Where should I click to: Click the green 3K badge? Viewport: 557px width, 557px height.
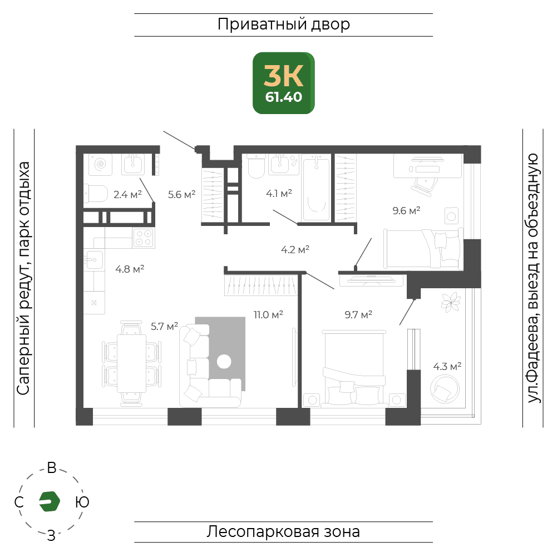[x=283, y=83]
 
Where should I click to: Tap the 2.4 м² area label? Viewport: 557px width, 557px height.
[x=127, y=194]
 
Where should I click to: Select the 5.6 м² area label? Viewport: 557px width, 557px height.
[x=181, y=194]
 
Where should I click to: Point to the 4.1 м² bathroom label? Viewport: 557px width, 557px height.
[x=279, y=193]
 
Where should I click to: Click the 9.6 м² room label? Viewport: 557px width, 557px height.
[x=406, y=210]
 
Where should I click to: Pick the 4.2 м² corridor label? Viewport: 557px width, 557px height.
[x=295, y=249]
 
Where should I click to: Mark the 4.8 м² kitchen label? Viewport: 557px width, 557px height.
[x=130, y=269]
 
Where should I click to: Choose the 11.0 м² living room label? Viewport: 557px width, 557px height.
[x=268, y=314]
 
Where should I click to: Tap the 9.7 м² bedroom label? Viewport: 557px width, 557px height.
[x=358, y=314]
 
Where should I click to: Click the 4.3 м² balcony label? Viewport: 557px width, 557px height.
[x=447, y=366]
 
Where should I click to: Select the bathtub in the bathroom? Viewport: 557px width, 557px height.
[x=316, y=188]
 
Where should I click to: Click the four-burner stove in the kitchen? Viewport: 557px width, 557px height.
[x=144, y=238]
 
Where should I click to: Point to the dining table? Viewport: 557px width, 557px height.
[x=131, y=363]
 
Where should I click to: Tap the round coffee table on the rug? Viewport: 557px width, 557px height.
[x=224, y=362]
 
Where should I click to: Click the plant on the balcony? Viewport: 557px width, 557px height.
[x=451, y=302]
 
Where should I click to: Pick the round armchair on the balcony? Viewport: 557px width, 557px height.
[x=445, y=389]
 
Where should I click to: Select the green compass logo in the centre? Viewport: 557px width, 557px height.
[x=50, y=501]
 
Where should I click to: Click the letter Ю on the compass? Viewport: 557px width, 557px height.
[x=82, y=502]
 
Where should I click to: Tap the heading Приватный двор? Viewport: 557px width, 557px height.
[x=283, y=24]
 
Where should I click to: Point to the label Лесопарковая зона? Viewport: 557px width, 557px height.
[x=283, y=532]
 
